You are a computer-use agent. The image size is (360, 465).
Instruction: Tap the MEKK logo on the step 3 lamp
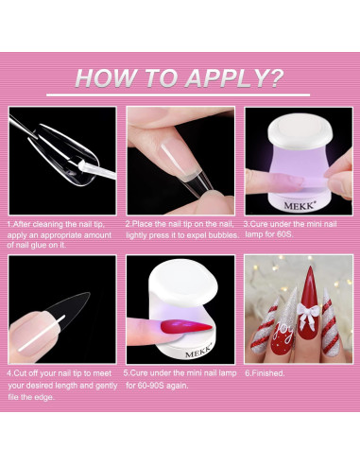click(299, 206)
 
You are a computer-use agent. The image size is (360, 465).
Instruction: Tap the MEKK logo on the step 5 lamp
click(198, 352)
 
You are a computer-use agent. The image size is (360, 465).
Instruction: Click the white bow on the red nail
click(307, 314)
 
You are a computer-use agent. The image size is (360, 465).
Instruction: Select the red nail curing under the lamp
click(186, 327)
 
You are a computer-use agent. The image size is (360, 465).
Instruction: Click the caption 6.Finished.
click(265, 373)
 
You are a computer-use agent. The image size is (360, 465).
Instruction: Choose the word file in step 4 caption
click(13, 397)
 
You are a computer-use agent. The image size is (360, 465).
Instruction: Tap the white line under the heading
click(178, 95)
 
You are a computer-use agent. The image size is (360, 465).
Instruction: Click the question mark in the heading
click(277, 77)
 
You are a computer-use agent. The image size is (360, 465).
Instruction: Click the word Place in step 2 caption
click(142, 224)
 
